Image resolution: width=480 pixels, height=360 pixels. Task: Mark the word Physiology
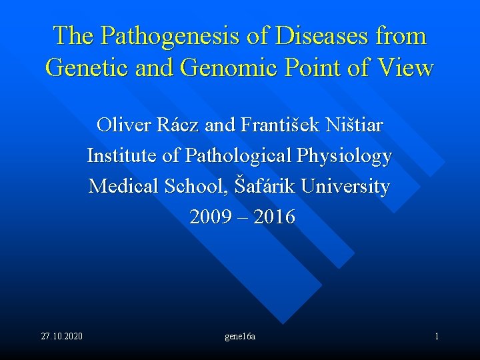(345, 156)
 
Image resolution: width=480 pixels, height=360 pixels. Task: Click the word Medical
(119, 187)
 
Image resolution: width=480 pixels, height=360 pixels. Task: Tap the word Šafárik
(265, 187)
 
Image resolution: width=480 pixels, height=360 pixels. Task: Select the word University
(345, 187)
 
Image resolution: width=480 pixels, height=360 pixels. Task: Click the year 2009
(208, 217)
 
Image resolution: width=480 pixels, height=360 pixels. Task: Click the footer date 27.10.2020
(62, 336)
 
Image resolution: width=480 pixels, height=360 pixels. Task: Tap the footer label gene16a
(240, 337)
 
